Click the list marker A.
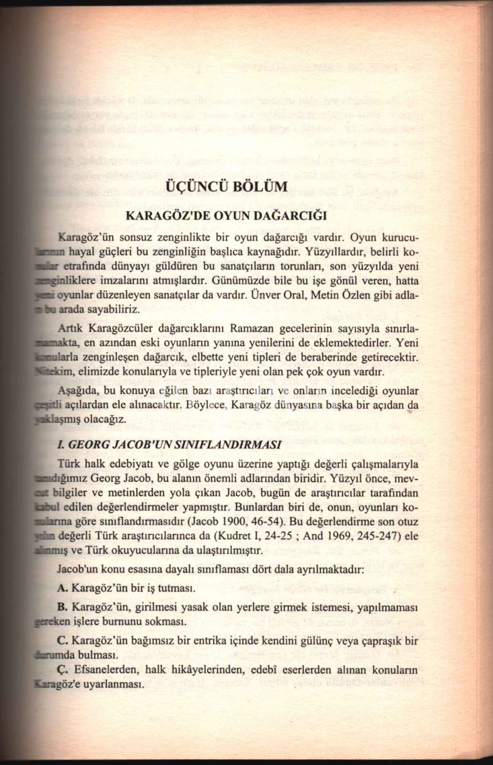[x=63, y=588]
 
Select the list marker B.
[x=63, y=607]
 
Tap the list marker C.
[x=63, y=640]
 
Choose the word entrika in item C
[x=247, y=640]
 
